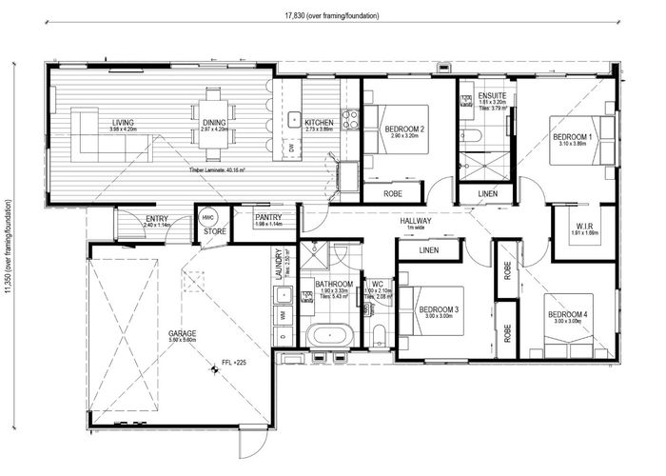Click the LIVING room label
click(x=123, y=123)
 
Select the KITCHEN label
click(x=319, y=123)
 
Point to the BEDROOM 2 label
click(x=404, y=129)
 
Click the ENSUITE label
click(x=493, y=97)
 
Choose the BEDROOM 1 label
click(x=572, y=137)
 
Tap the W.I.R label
click(x=584, y=226)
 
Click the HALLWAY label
click(x=416, y=221)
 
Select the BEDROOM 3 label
click(x=439, y=310)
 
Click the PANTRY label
click(x=268, y=218)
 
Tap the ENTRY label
click(x=156, y=219)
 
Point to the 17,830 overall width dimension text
click(x=330, y=16)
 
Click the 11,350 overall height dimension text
click(x=10, y=248)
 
